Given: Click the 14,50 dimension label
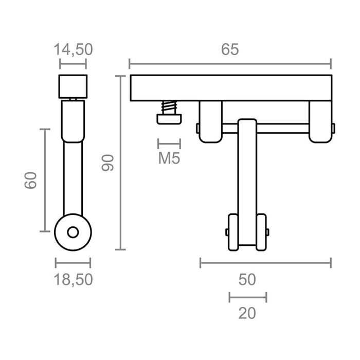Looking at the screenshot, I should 73,49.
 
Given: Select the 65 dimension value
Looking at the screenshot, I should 230,49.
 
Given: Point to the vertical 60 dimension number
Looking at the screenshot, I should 31,181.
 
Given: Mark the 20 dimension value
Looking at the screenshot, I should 247,313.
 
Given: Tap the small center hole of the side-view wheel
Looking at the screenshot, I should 73,232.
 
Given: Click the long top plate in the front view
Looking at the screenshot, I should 230,88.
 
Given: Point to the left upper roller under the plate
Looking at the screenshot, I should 210,121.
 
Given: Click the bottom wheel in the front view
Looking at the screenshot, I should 247,232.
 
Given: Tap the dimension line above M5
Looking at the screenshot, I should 169,143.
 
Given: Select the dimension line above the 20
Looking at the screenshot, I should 247,297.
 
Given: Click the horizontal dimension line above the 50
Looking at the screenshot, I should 265,263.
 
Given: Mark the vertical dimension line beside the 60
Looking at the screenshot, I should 45,181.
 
